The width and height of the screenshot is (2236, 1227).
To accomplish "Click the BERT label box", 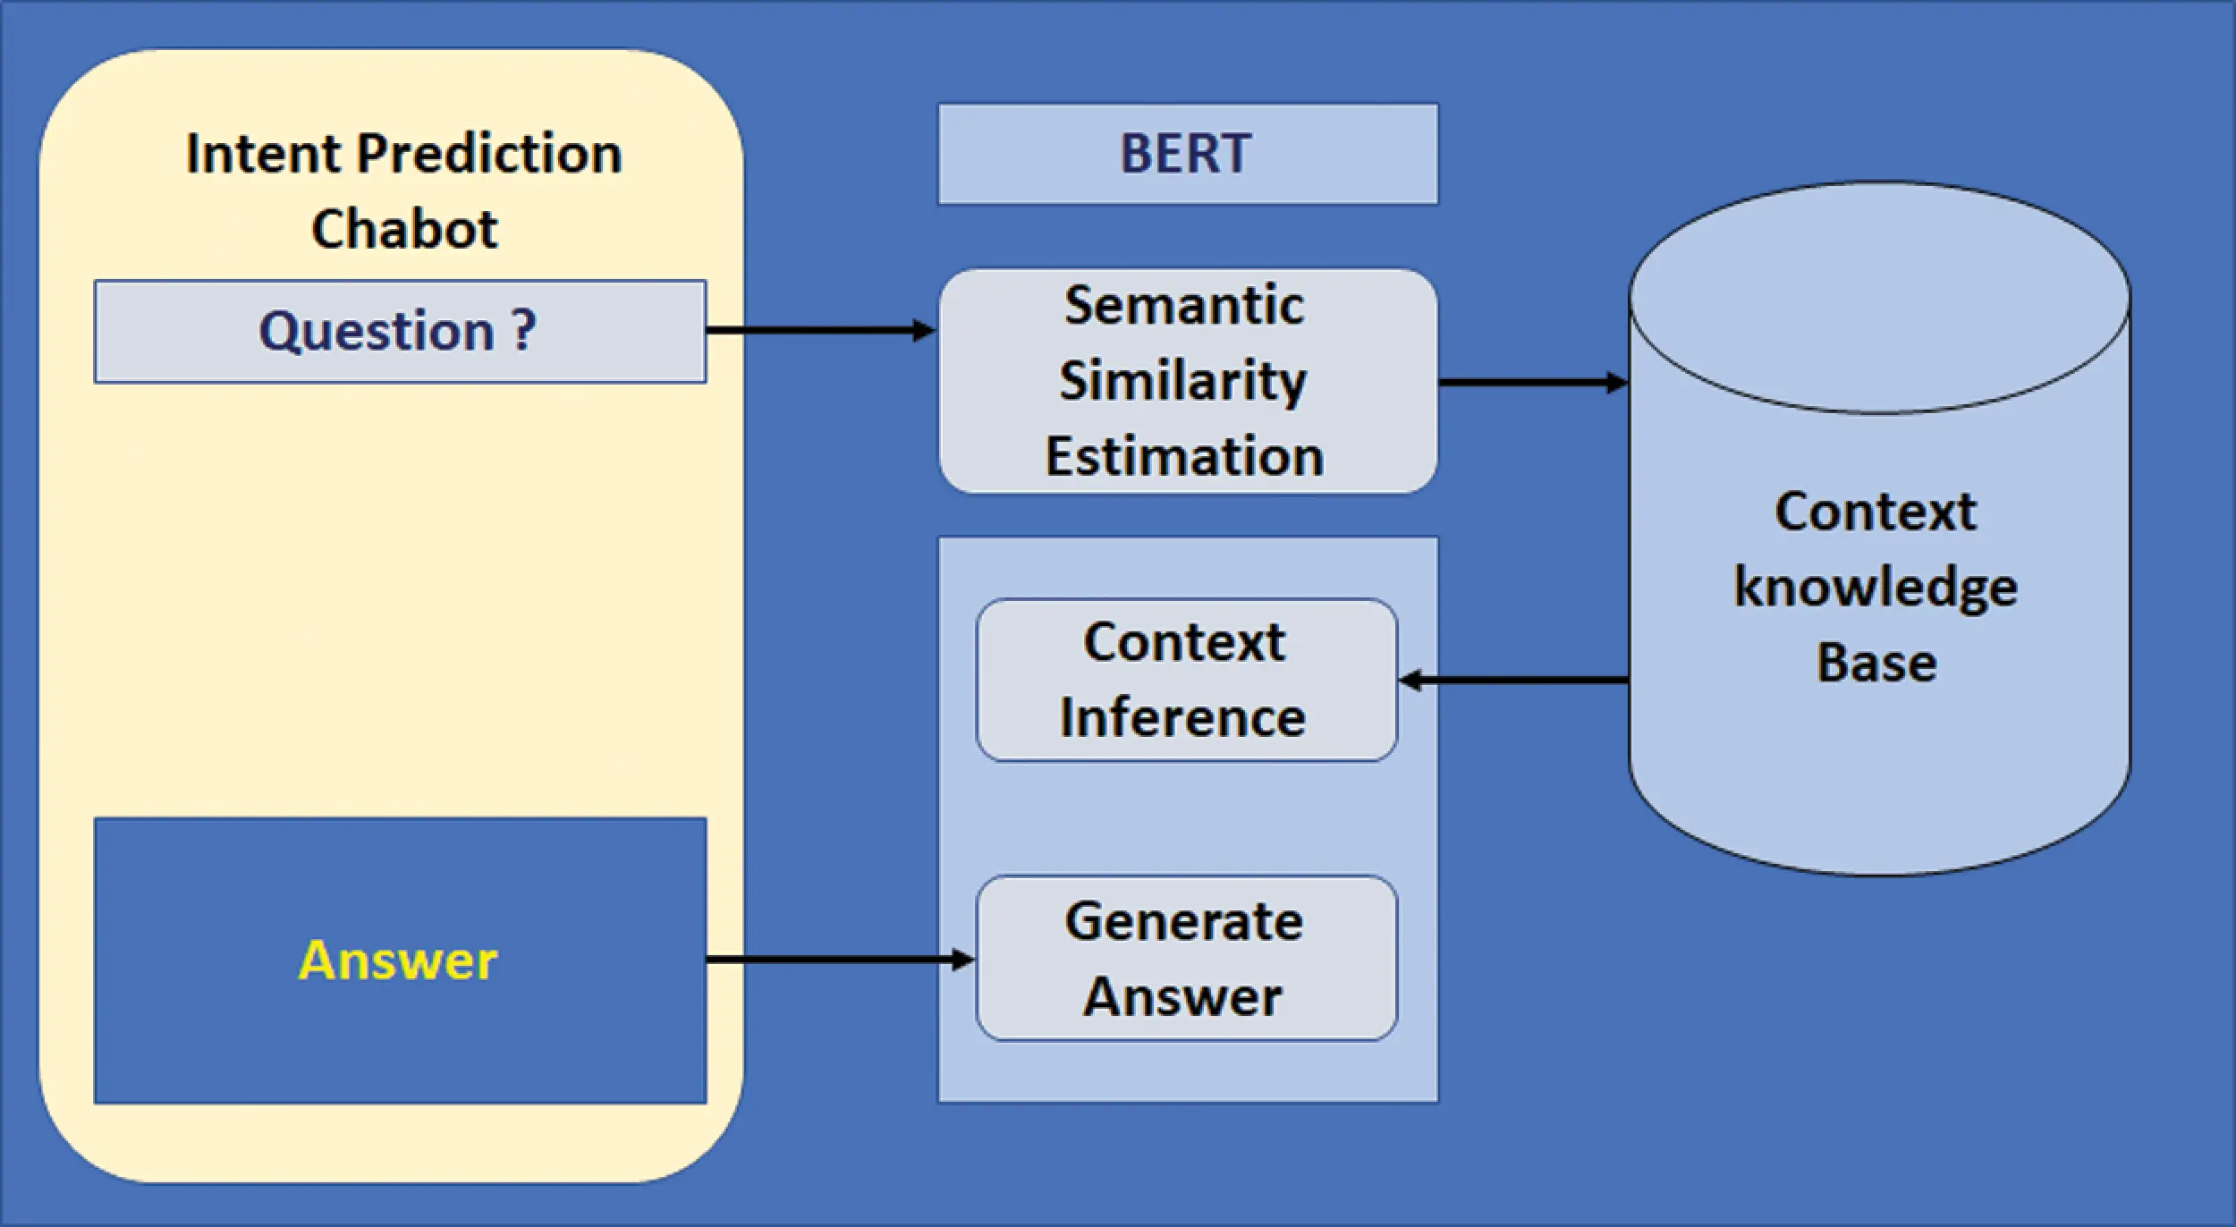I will pos(1187,154).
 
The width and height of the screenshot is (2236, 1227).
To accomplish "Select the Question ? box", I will pos(399,332).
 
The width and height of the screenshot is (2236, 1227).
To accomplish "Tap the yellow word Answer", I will pos(397,961).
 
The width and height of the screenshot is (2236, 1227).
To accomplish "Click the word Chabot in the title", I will pos(404,229).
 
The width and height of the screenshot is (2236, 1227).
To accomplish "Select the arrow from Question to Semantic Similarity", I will pos(818,332).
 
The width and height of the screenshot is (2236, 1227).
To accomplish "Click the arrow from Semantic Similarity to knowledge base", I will pos(1531,383).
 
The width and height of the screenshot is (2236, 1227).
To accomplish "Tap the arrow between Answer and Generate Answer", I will pos(839,960).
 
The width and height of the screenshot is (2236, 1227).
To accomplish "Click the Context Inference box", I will pos(1186,681).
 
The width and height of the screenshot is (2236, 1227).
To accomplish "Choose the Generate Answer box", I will pos(1186,959).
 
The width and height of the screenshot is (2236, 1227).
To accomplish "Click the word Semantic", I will pos(1183,306).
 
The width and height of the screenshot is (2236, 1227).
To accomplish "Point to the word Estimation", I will pos(1183,456).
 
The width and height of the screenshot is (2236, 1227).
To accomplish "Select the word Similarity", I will pos(1183,381).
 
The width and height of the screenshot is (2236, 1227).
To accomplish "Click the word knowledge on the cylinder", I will pos(1876,588).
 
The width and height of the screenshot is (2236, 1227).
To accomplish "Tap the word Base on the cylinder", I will pos(1876,664).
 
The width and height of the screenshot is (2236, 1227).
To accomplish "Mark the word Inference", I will pos(1182,718).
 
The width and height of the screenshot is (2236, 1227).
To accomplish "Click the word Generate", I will pos(1183,922).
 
